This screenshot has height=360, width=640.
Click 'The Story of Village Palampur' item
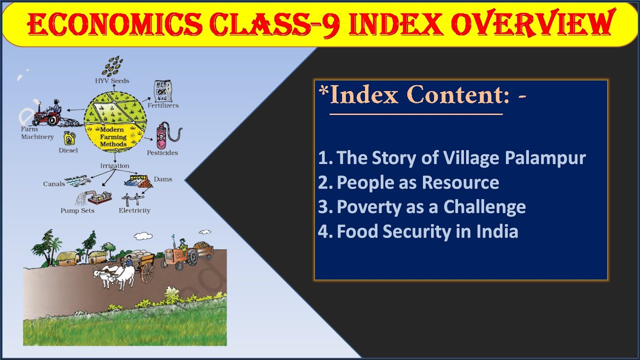pos(452,158)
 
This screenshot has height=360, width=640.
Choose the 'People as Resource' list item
pos(408,182)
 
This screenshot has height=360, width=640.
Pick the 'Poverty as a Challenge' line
pos(422,206)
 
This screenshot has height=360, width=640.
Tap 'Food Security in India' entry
pos(418,231)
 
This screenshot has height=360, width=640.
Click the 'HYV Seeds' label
pos(112,80)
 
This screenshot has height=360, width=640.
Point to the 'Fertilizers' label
pos(163,105)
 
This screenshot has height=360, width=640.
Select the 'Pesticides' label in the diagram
pos(162,152)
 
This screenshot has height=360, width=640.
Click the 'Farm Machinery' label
pos(37,133)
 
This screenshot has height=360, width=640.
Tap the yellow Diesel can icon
pos(69,138)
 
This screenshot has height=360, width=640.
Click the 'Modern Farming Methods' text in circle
pos(113,137)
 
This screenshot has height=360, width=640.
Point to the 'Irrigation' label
pos(114,165)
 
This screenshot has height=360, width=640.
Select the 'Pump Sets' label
pos(77,210)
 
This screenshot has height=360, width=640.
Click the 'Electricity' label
pos(134,210)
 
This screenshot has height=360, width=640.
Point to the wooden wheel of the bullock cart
pos(147,273)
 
